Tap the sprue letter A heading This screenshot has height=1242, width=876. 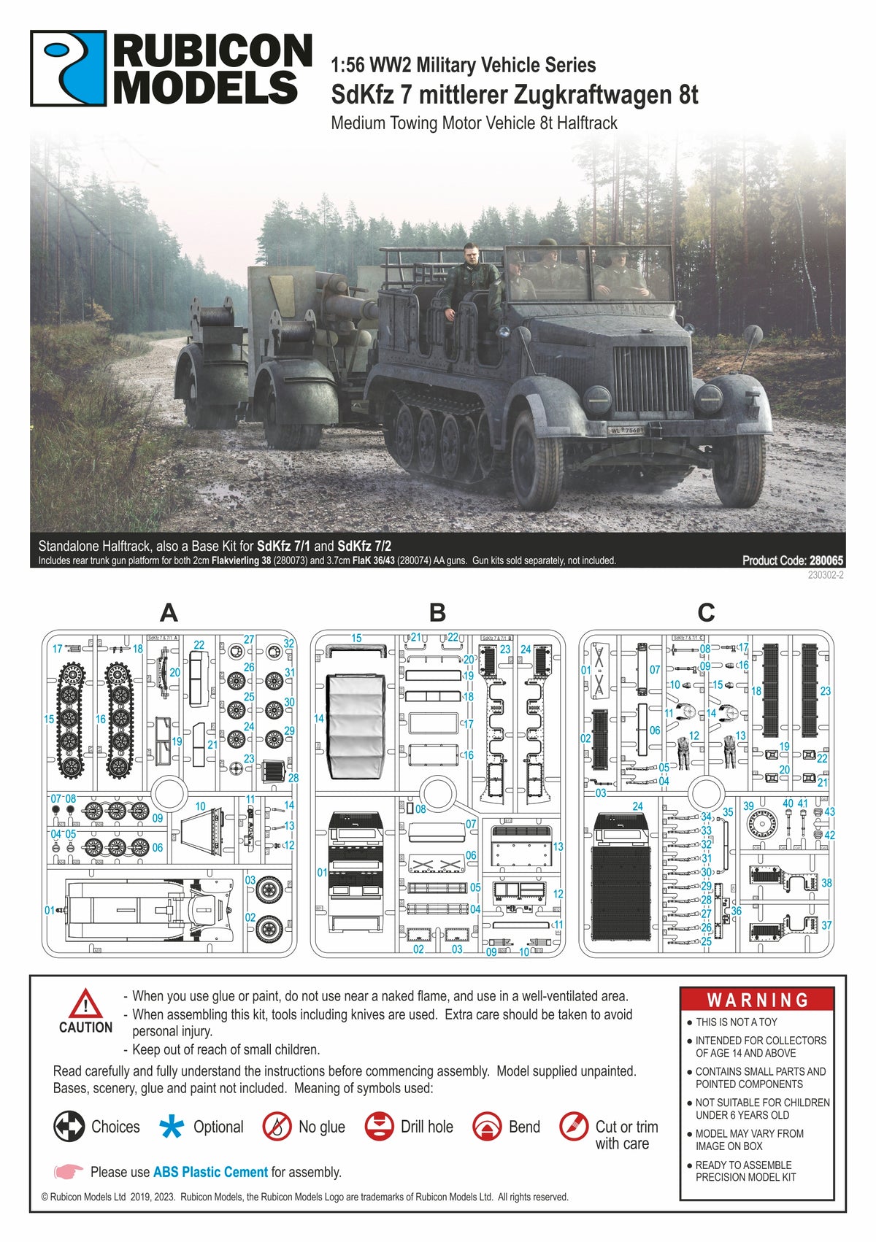point(169,612)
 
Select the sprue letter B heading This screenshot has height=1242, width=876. point(437,612)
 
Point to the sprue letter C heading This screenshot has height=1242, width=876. point(706,612)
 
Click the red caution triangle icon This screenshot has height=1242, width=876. point(85,1004)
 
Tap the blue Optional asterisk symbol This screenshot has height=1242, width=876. point(172,1127)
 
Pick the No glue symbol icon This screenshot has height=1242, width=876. point(277,1127)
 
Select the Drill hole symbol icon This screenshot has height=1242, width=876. point(380,1127)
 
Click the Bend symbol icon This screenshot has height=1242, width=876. point(487,1127)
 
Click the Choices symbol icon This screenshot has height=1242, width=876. point(69,1127)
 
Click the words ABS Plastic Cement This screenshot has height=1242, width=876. point(210,1172)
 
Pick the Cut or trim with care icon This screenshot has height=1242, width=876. point(575,1127)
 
